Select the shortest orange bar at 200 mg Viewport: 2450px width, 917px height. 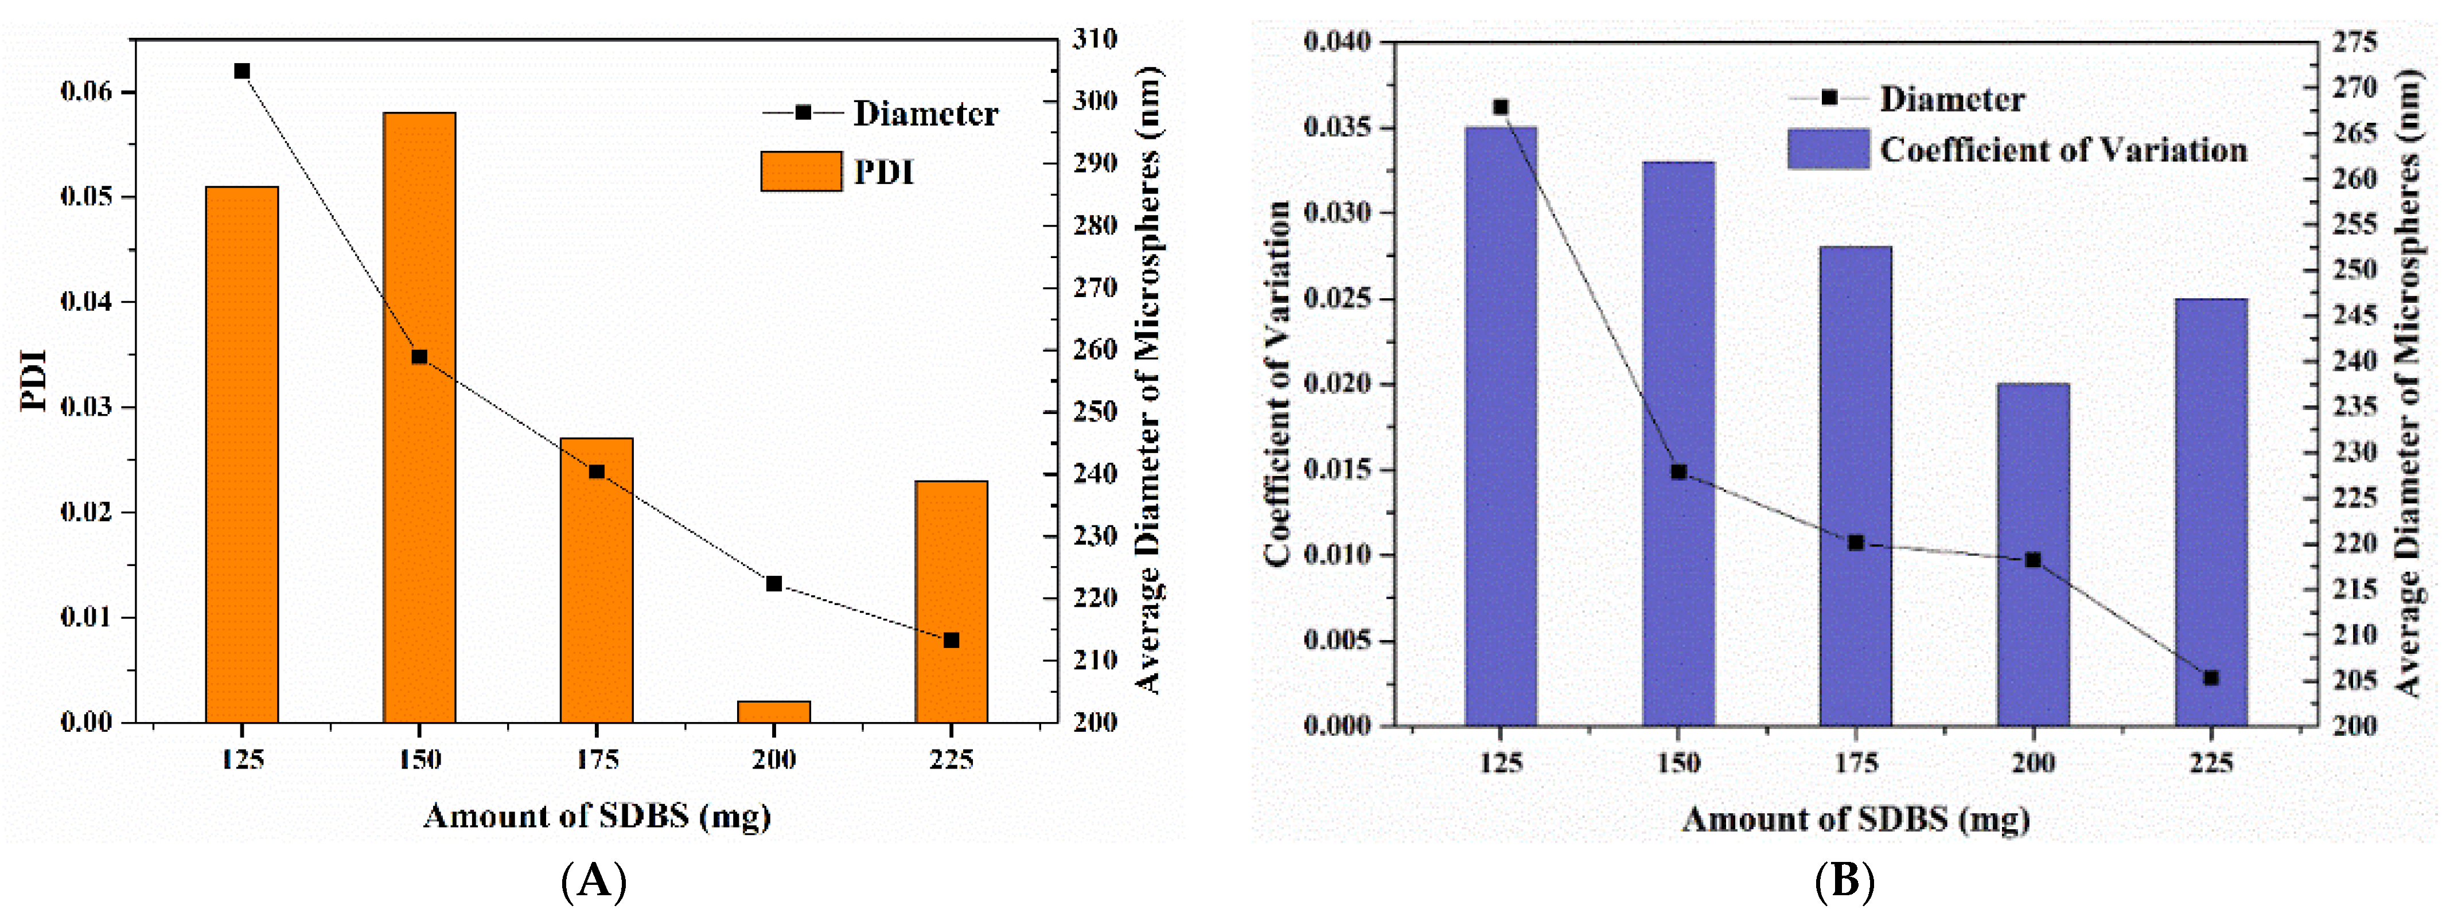(x=774, y=712)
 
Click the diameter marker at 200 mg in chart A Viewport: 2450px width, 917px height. (x=774, y=583)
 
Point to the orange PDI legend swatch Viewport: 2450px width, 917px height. (x=801, y=171)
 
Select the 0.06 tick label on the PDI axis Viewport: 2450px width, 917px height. (x=85, y=91)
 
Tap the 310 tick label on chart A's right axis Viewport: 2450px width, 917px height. (x=1094, y=39)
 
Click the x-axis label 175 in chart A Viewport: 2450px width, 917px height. (x=597, y=760)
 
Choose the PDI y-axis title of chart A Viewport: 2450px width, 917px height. (x=34, y=380)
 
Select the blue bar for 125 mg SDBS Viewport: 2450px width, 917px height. (x=1501, y=428)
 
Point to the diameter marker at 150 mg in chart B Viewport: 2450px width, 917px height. (x=1678, y=472)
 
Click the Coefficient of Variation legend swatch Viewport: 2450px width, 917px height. (x=1828, y=149)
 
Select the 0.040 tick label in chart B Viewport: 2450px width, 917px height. (x=1337, y=42)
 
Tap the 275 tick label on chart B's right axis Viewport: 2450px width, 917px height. (x=2354, y=42)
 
